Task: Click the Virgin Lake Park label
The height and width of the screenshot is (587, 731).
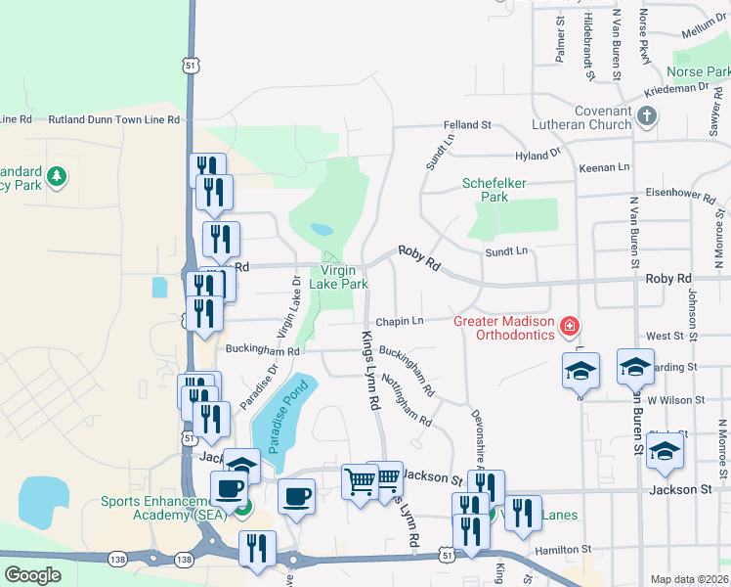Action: coord(338,277)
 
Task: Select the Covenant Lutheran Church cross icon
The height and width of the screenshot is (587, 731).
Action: coord(646,117)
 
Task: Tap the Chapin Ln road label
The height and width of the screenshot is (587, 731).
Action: coord(401,321)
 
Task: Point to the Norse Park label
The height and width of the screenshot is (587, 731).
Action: coord(698,72)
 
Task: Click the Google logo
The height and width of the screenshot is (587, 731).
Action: coord(33,574)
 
